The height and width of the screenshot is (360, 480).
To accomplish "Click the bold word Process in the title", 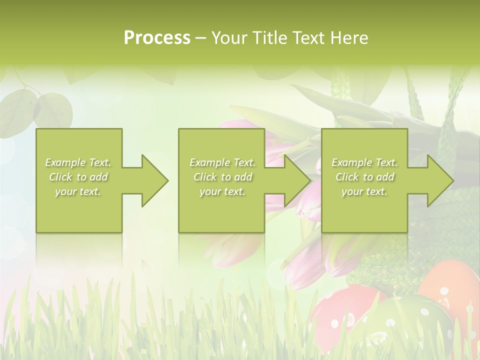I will pos(157,37).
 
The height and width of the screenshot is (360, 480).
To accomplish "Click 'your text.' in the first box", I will pos(78,191).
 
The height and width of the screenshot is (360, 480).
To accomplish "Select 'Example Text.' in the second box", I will pos(222,162).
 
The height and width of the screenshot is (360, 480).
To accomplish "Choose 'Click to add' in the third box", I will pos(365,177).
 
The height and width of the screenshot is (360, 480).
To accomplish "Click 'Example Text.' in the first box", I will pos(78,162).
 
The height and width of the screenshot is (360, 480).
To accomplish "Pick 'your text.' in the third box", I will pos(364,191).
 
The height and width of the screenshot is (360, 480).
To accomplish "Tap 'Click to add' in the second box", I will pos(222,177).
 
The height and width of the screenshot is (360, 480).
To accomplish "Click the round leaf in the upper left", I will pos(52,110).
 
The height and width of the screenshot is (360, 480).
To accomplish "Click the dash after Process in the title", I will pos(200,38).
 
